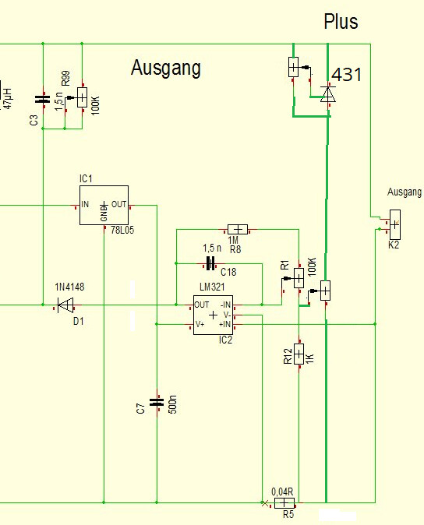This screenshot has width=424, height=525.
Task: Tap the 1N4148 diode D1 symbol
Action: (65, 305)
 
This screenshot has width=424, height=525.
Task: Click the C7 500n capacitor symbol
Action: (157, 402)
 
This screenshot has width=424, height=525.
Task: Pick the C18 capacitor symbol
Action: (210, 263)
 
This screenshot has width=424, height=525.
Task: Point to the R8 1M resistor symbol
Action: (238, 230)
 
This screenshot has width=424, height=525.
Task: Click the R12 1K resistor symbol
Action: (299, 354)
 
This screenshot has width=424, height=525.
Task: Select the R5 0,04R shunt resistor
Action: (284, 503)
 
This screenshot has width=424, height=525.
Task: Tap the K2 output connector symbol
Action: (395, 224)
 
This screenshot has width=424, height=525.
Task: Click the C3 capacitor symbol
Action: (43, 99)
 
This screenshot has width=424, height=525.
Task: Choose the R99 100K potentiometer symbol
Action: (82, 97)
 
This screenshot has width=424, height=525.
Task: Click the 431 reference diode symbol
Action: (328, 94)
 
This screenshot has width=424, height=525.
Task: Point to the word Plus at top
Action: (341, 22)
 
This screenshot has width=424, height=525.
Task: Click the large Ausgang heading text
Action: (166, 69)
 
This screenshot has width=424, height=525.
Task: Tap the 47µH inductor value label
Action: (7, 98)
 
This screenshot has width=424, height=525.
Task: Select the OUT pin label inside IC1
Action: (118, 204)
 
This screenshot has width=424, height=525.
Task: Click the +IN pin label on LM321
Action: (224, 324)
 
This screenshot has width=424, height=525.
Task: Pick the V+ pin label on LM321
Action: (200, 324)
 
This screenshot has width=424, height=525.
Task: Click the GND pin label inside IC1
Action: (104, 212)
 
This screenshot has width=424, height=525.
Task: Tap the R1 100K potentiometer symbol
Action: (299, 278)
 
